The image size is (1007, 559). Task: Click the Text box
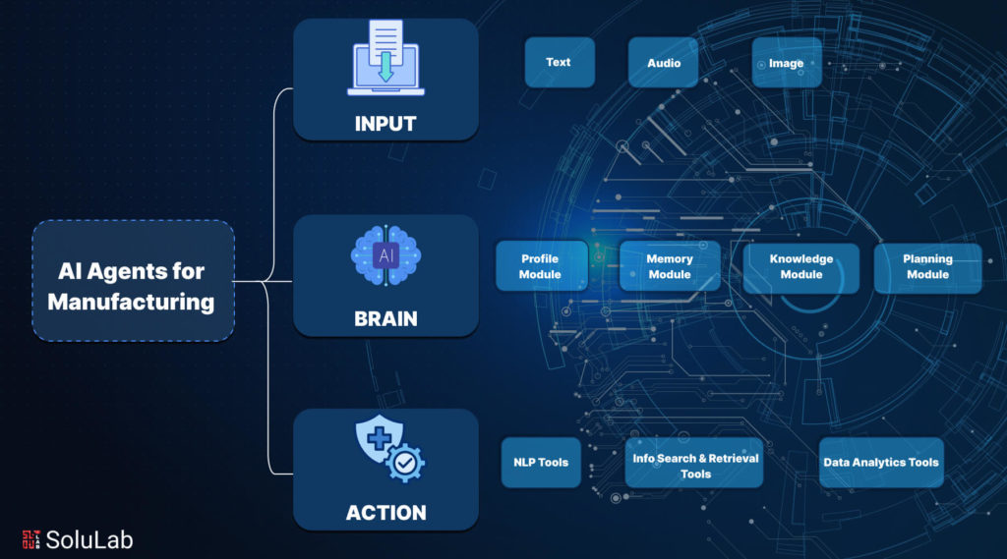click(x=559, y=63)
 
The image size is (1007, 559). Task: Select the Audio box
click(x=664, y=63)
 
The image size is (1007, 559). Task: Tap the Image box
click(x=787, y=63)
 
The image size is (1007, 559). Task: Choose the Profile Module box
click(x=541, y=267)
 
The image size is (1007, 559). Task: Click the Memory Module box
click(x=670, y=267)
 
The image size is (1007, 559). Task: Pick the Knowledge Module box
click(x=800, y=267)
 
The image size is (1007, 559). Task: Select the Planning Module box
click(x=927, y=267)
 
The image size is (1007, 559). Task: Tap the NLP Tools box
click(x=541, y=463)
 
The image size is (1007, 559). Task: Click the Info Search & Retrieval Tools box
click(x=694, y=463)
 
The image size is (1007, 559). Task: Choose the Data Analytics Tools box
click(x=881, y=463)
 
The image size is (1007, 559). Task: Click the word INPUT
click(x=385, y=124)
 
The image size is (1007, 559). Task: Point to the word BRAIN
click(x=385, y=318)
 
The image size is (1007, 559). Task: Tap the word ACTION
click(x=385, y=513)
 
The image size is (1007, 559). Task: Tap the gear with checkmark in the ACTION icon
click(x=406, y=462)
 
